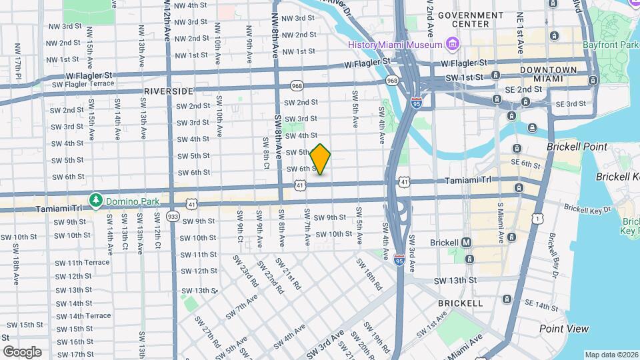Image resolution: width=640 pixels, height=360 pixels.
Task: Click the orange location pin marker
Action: [321, 159]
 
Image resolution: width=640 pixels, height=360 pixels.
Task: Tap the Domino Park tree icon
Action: [96, 199]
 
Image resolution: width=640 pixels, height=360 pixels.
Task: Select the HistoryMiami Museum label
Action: [395, 44]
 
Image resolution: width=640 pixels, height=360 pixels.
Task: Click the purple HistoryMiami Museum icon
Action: [453, 45]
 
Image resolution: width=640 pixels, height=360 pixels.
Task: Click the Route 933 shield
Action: [173, 216]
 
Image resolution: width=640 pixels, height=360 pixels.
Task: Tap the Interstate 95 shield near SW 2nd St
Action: [417, 103]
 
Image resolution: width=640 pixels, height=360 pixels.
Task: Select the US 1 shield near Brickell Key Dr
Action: [537, 218]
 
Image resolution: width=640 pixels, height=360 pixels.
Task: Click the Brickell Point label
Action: [577, 147]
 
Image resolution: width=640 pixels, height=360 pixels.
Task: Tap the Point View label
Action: [564, 329]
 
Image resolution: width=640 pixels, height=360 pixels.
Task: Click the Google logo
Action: [22, 351]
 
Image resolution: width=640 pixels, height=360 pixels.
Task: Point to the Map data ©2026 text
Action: [611, 355]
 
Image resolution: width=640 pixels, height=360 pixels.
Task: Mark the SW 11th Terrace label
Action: [83, 263]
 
